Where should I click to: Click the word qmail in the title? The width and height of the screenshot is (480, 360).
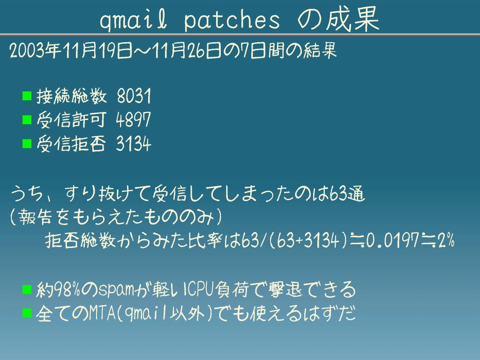coord(134,21)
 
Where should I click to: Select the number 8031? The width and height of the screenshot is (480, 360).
coord(134,96)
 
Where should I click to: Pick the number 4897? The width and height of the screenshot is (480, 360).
coord(134,120)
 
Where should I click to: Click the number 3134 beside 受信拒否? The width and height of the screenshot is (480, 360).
coord(134,143)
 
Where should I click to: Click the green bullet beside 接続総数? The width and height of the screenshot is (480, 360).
coord(27,96)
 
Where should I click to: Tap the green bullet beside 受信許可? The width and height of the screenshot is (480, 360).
coord(27,120)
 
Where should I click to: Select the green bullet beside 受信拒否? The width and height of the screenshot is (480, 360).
coord(27,143)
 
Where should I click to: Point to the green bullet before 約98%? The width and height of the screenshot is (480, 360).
coord(27,289)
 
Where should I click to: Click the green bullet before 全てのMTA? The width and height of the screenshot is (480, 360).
coord(27,313)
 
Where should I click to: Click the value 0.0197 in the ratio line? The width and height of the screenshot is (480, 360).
coord(392,240)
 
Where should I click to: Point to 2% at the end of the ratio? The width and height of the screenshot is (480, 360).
coord(446,240)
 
